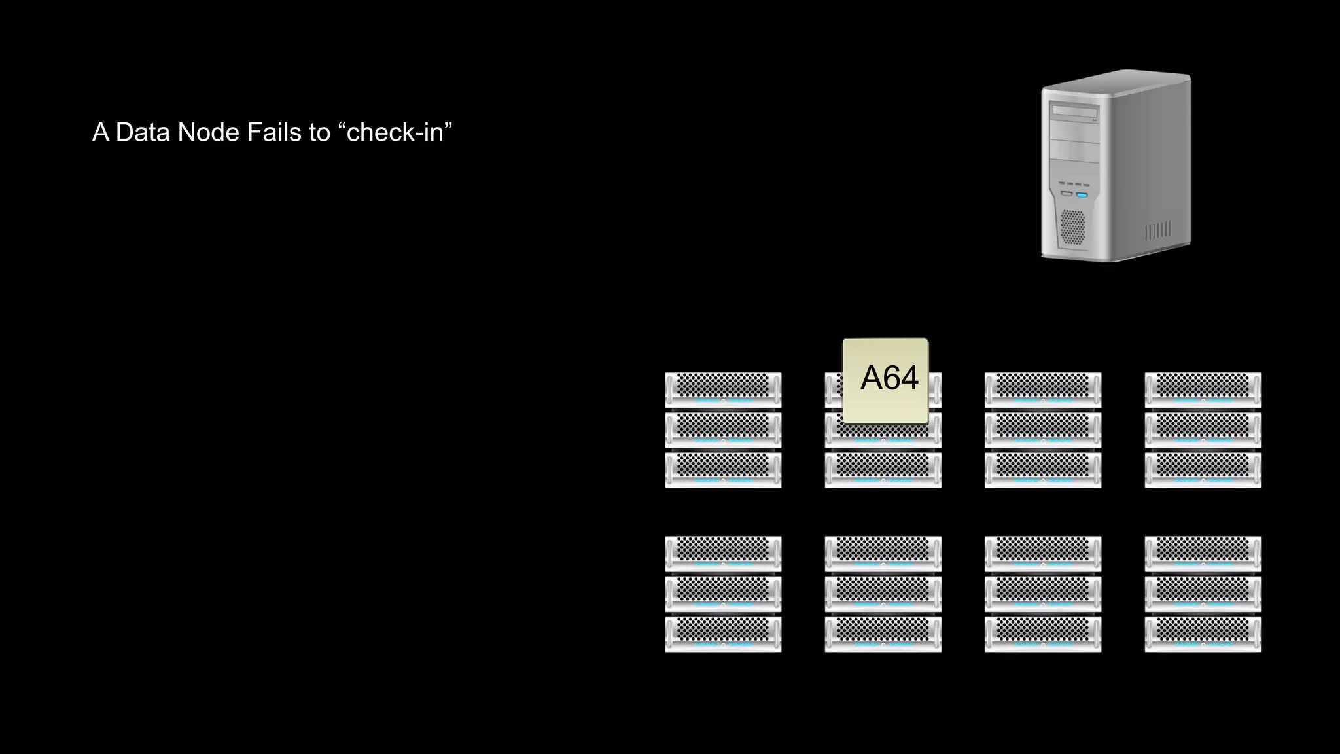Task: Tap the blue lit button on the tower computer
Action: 1082,194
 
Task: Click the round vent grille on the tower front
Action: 1072,226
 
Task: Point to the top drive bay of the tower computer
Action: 1074,112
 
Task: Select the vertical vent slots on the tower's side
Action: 1158,230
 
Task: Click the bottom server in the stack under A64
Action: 883,470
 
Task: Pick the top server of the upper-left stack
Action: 723,389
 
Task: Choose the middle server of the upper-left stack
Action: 723,429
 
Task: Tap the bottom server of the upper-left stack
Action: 723,470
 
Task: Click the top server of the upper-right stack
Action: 1203,389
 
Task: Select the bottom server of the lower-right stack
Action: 1203,634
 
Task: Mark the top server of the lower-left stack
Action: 723,554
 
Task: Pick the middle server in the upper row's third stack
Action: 1043,429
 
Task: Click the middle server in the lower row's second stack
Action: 883,594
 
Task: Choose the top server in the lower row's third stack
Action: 1043,554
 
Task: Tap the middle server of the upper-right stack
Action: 1203,429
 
